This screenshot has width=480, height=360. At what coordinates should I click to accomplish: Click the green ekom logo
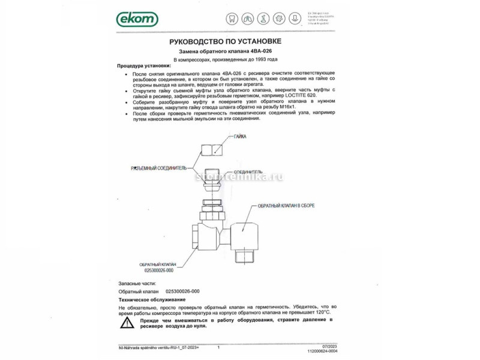pyautogui.click(x=137, y=19)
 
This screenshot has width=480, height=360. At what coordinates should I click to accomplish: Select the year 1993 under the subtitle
pyautogui.click(x=260, y=60)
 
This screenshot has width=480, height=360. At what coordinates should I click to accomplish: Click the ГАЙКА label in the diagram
pyautogui.click(x=240, y=137)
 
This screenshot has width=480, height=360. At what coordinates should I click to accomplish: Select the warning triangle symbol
pyautogui.click(x=127, y=323)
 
